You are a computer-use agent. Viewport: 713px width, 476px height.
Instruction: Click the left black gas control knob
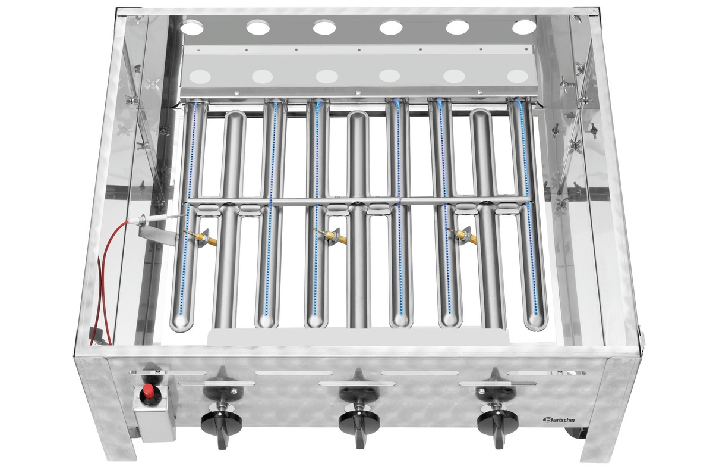tap(221, 421)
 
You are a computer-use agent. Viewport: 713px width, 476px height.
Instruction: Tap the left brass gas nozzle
tap(207, 239)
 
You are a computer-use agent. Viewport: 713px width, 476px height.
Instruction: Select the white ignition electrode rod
tap(152, 220)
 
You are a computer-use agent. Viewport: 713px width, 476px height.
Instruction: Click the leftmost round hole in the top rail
tap(192, 27)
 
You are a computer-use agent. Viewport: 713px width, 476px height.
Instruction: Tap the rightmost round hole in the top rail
tap(523, 27)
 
